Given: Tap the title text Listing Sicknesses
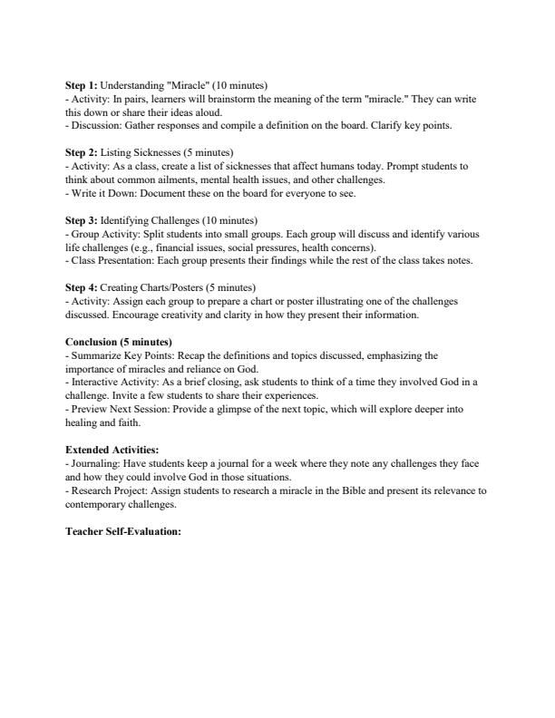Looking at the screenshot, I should click(x=141, y=153).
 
